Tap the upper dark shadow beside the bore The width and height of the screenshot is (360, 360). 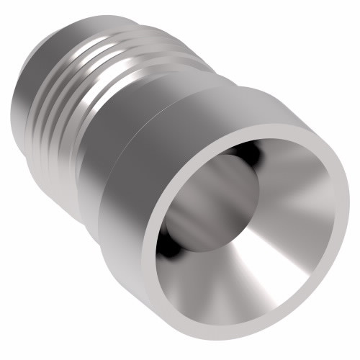coord(248,153)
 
